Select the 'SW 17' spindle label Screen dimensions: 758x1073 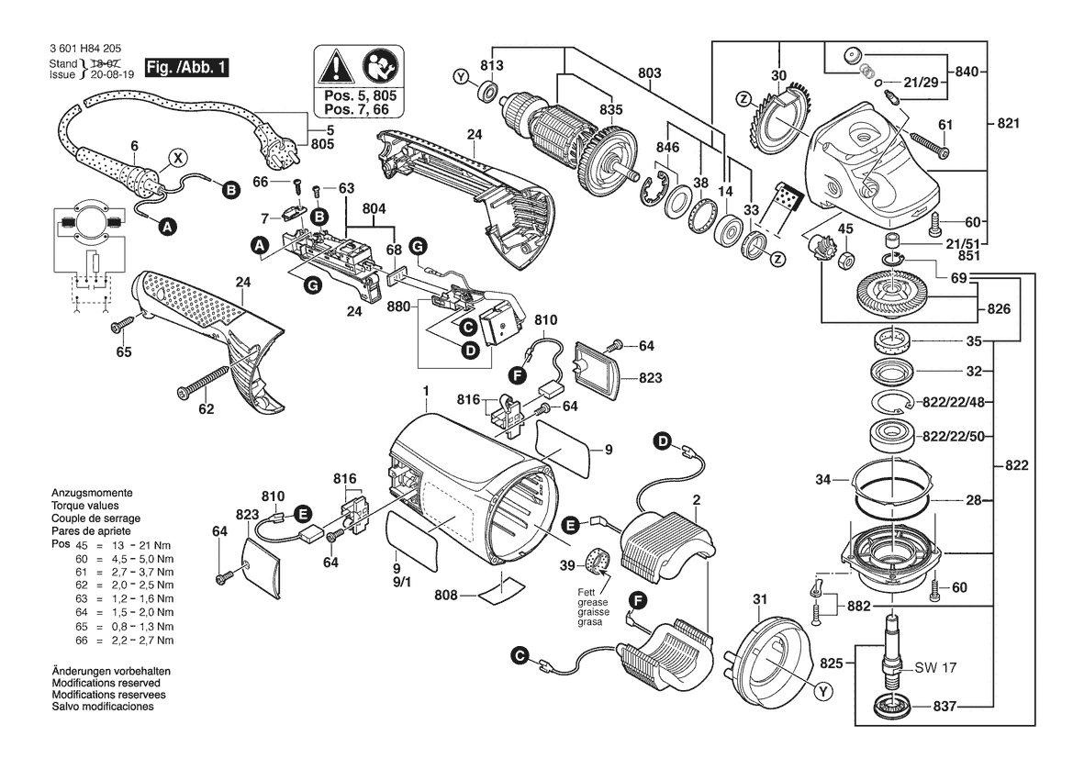tap(935, 667)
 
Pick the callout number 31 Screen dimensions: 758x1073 tap(758, 599)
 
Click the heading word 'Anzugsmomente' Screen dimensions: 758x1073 tap(92, 493)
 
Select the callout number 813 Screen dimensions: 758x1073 tap(492, 66)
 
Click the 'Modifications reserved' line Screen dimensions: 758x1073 tap(108, 684)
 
